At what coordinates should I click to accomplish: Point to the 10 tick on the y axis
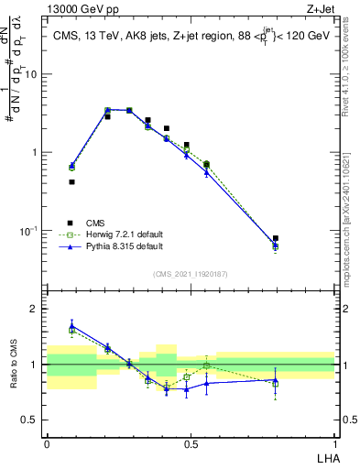[x=32, y=74]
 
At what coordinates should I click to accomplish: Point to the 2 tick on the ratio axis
[x=36, y=309]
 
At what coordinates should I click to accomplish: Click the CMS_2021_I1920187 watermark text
[x=191, y=273]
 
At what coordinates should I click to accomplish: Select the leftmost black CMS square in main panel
[x=71, y=181]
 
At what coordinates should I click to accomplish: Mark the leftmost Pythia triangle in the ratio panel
[x=71, y=325]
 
